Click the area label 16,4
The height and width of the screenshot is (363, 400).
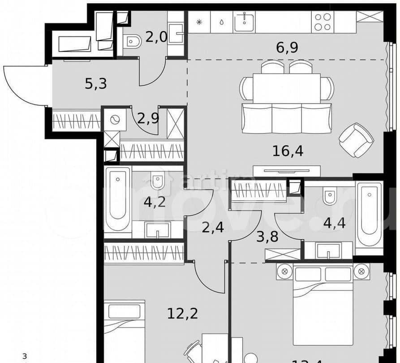click(x=288, y=151)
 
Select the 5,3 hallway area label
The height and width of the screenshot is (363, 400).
click(x=95, y=83)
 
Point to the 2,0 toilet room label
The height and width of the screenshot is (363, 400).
click(x=156, y=37)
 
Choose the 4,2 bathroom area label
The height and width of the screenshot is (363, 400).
click(x=155, y=202)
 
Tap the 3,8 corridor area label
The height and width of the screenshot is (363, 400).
click(x=267, y=236)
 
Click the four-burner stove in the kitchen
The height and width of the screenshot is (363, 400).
click(x=323, y=22)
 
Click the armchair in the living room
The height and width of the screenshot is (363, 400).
click(x=356, y=140)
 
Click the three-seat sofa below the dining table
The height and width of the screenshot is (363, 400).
click(x=286, y=118)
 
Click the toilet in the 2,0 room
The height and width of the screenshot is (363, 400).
click(x=133, y=41)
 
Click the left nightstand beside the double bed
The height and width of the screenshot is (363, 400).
click(x=284, y=271)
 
